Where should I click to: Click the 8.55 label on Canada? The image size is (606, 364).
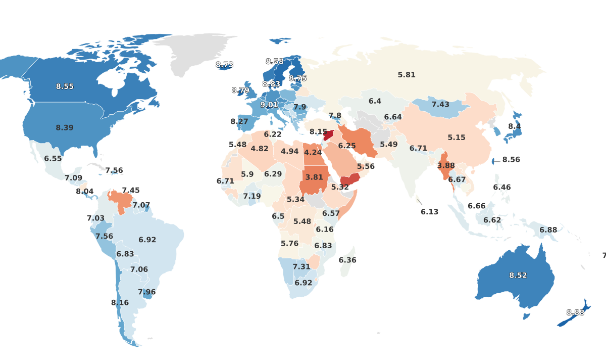click(x=65, y=86)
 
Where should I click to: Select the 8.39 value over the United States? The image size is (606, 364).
click(x=65, y=128)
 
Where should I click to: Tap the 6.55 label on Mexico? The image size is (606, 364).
click(x=53, y=158)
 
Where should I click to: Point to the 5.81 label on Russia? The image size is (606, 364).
click(x=407, y=75)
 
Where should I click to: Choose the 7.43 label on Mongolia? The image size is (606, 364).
click(x=440, y=104)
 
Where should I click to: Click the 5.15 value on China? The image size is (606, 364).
click(x=457, y=138)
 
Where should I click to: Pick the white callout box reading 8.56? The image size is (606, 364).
click(x=511, y=159)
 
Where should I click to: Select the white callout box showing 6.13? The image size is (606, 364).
click(x=430, y=212)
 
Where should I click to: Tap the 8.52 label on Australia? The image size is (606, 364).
click(x=518, y=276)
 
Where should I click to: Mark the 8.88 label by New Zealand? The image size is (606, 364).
click(x=575, y=312)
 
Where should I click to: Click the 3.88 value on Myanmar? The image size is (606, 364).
click(x=446, y=166)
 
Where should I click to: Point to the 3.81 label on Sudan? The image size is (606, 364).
click(x=314, y=177)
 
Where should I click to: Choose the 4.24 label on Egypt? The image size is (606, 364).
click(x=313, y=152)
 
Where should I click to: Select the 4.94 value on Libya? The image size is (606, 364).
click(x=290, y=151)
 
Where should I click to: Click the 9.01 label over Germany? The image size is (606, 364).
click(x=269, y=105)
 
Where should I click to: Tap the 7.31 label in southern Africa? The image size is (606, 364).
click(x=301, y=266)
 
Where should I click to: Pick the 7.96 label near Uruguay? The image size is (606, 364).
click(x=147, y=292)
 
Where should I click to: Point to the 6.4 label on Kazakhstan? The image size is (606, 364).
click(x=375, y=101)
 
